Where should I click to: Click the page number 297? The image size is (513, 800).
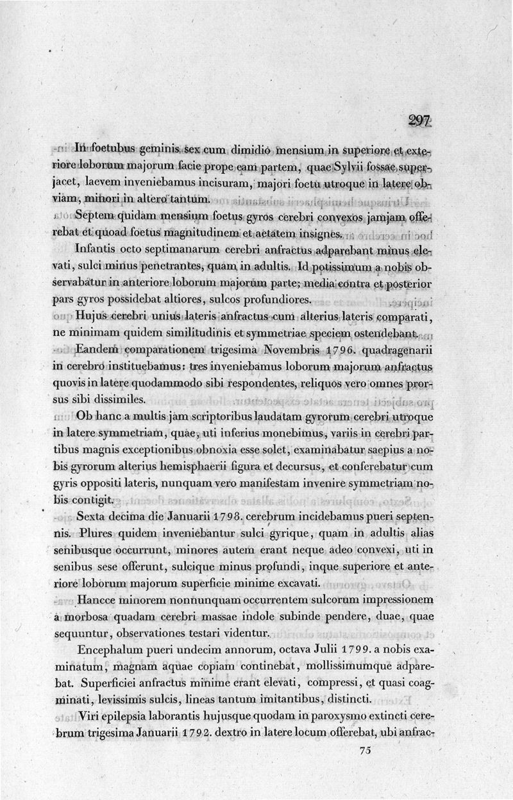tap(419, 121)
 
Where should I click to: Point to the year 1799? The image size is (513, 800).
tap(348, 649)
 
